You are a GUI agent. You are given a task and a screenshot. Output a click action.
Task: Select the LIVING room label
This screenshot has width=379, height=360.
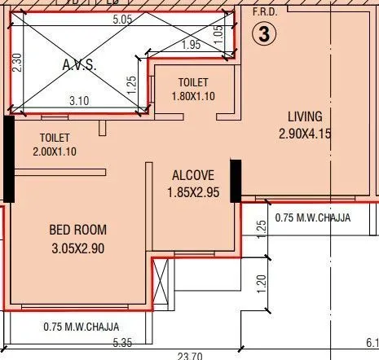[305, 116]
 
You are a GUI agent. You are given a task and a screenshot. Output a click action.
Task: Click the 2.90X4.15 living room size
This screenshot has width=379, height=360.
[305, 134]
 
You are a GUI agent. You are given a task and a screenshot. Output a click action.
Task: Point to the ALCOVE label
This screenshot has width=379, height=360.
[193, 175]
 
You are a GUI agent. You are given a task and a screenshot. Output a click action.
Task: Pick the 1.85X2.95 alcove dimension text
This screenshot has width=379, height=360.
[193, 193]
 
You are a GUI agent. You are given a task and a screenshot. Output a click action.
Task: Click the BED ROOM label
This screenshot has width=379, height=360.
[78, 230]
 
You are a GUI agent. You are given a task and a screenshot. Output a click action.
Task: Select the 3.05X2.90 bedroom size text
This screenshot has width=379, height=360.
[78, 248]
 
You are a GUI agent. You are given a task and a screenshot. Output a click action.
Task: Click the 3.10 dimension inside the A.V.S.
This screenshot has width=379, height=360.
[79, 99]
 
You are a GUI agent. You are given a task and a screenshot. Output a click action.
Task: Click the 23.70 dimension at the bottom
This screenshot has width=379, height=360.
[191, 354]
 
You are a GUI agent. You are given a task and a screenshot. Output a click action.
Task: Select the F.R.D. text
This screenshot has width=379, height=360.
[264, 12]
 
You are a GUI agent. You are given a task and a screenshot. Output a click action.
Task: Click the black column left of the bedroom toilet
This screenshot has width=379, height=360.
[9, 159]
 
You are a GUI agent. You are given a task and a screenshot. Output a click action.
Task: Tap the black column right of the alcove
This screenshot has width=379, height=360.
[236, 180]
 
